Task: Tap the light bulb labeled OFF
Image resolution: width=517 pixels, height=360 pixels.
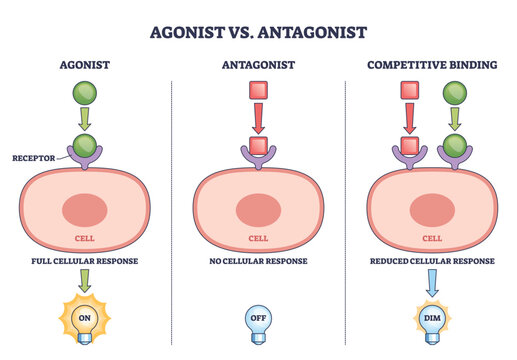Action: click(x=258, y=323)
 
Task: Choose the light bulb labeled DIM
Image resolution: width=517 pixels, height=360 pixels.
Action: click(x=432, y=323)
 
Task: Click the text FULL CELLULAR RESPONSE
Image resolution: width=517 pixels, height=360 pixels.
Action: click(x=84, y=261)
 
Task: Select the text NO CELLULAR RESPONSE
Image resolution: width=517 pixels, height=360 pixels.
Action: click(x=258, y=261)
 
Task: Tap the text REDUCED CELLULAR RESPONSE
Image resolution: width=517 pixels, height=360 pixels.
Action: click(x=432, y=261)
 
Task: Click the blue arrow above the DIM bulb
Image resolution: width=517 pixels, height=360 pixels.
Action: click(x=432, y=284)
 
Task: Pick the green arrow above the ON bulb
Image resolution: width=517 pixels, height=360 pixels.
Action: click(x=84, y=284)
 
